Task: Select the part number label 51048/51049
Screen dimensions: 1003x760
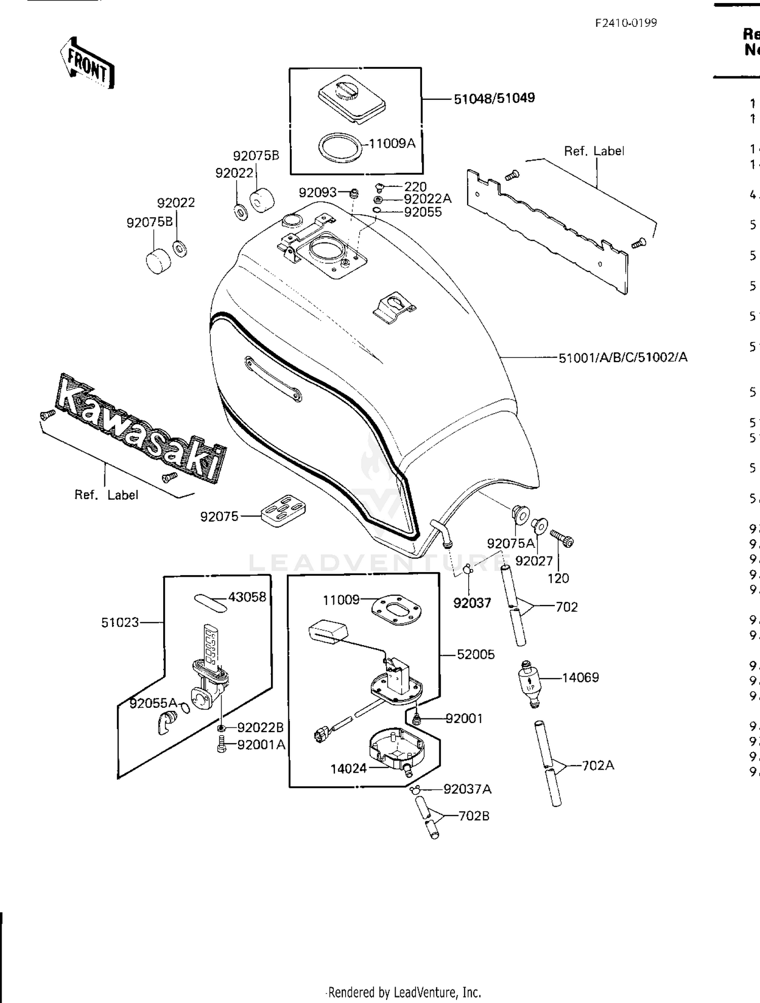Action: pos(494,98)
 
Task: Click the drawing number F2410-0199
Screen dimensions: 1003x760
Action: pos(626,23)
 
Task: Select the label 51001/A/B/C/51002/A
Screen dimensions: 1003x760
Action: pos(623,357)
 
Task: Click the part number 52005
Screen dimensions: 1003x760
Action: pos(475,655)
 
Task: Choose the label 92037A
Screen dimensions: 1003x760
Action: pos(467,789)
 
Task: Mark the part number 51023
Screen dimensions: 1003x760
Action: pos(120,622)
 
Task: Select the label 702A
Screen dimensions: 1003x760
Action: pos(598,765)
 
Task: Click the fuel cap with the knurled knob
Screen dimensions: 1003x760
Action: pos(352,98)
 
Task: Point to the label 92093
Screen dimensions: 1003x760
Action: pos(317,192)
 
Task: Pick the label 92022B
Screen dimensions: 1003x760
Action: pos(260,728)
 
